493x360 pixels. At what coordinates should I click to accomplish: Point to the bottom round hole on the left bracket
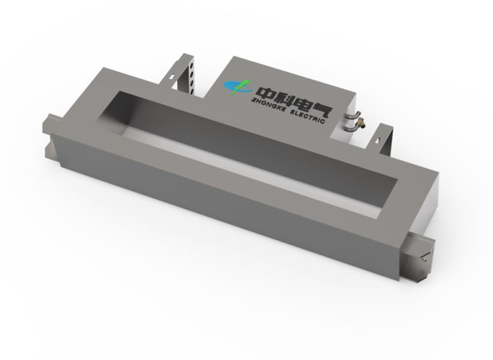click(192, 88)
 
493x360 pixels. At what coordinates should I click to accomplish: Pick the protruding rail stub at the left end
click(49, 128)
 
